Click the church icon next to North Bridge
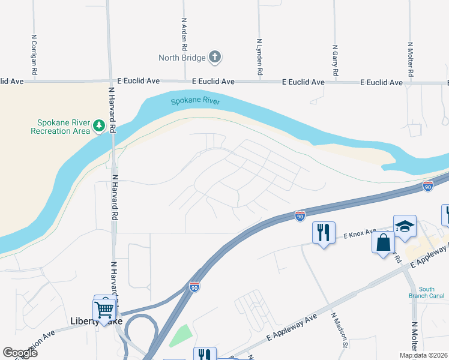215,58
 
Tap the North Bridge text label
182,58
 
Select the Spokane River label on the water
195,101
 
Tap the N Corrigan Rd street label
35,54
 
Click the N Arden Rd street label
184,34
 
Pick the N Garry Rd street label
334,61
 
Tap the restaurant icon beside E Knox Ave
324,232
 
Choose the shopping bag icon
383,242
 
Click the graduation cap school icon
405,226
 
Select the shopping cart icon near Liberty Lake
104,310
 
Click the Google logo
20,352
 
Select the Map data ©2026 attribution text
423,355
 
